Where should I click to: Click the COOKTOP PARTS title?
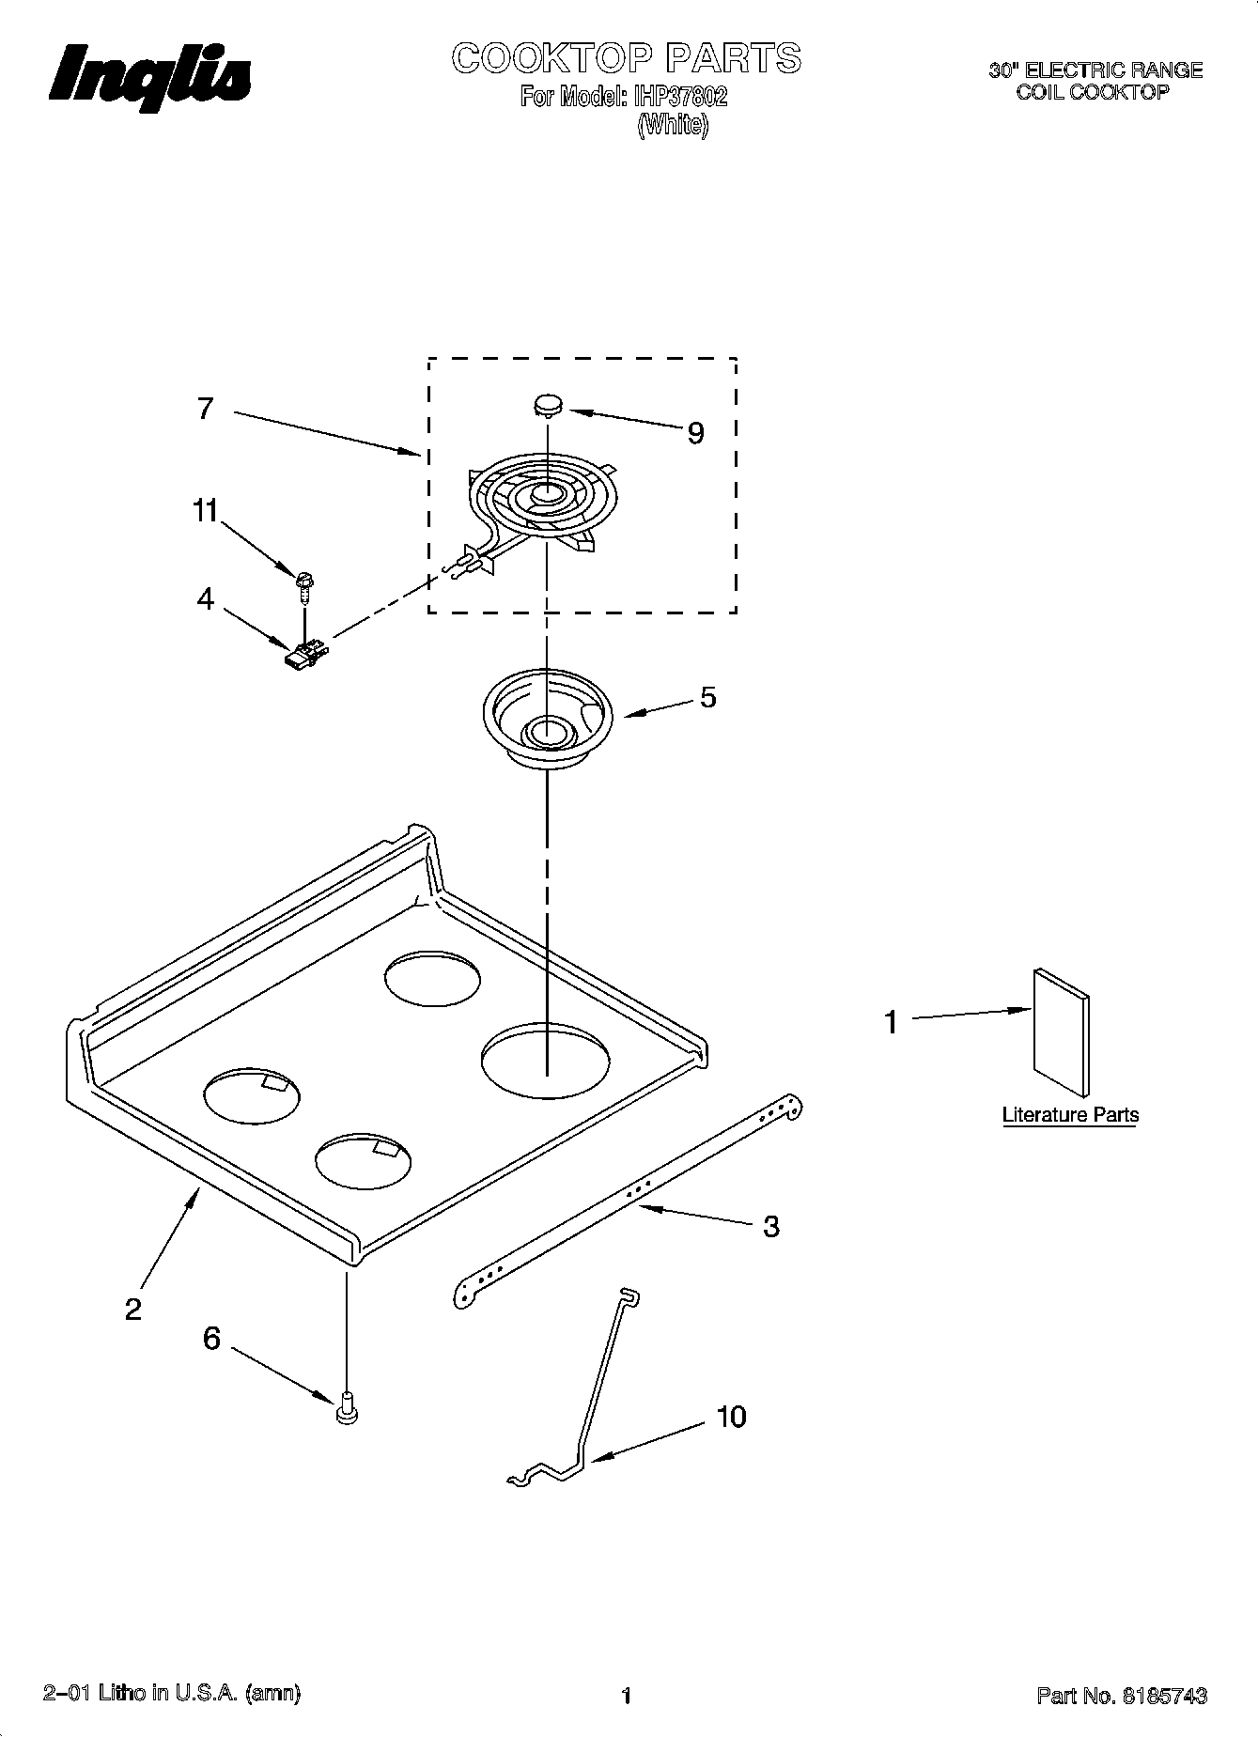tap(626, 58)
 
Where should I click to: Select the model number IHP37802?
tap(681, 97)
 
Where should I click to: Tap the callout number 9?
tap(695, 433)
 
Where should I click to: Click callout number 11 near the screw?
tap(205, 511)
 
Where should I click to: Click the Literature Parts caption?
tap(1070, 1115)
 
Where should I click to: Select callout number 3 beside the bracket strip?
tap(770, 1226)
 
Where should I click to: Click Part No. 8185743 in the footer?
tap(1121, 1696)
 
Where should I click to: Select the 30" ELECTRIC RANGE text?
tap(1095, 70)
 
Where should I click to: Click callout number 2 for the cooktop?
tap(133, 1309)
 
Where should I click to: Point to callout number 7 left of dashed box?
tap(205, 410)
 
